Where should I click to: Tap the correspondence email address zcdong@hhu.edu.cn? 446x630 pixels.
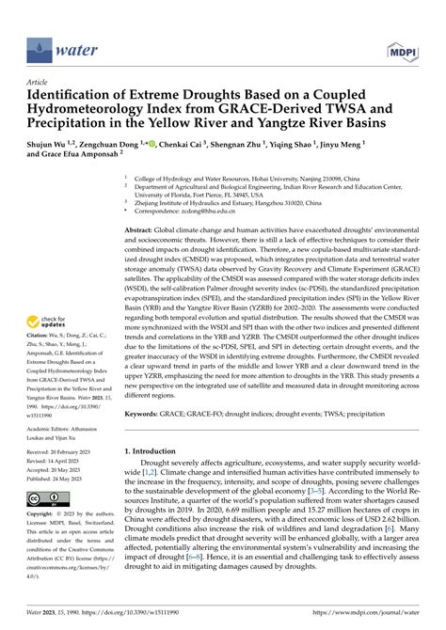click(206, 213)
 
